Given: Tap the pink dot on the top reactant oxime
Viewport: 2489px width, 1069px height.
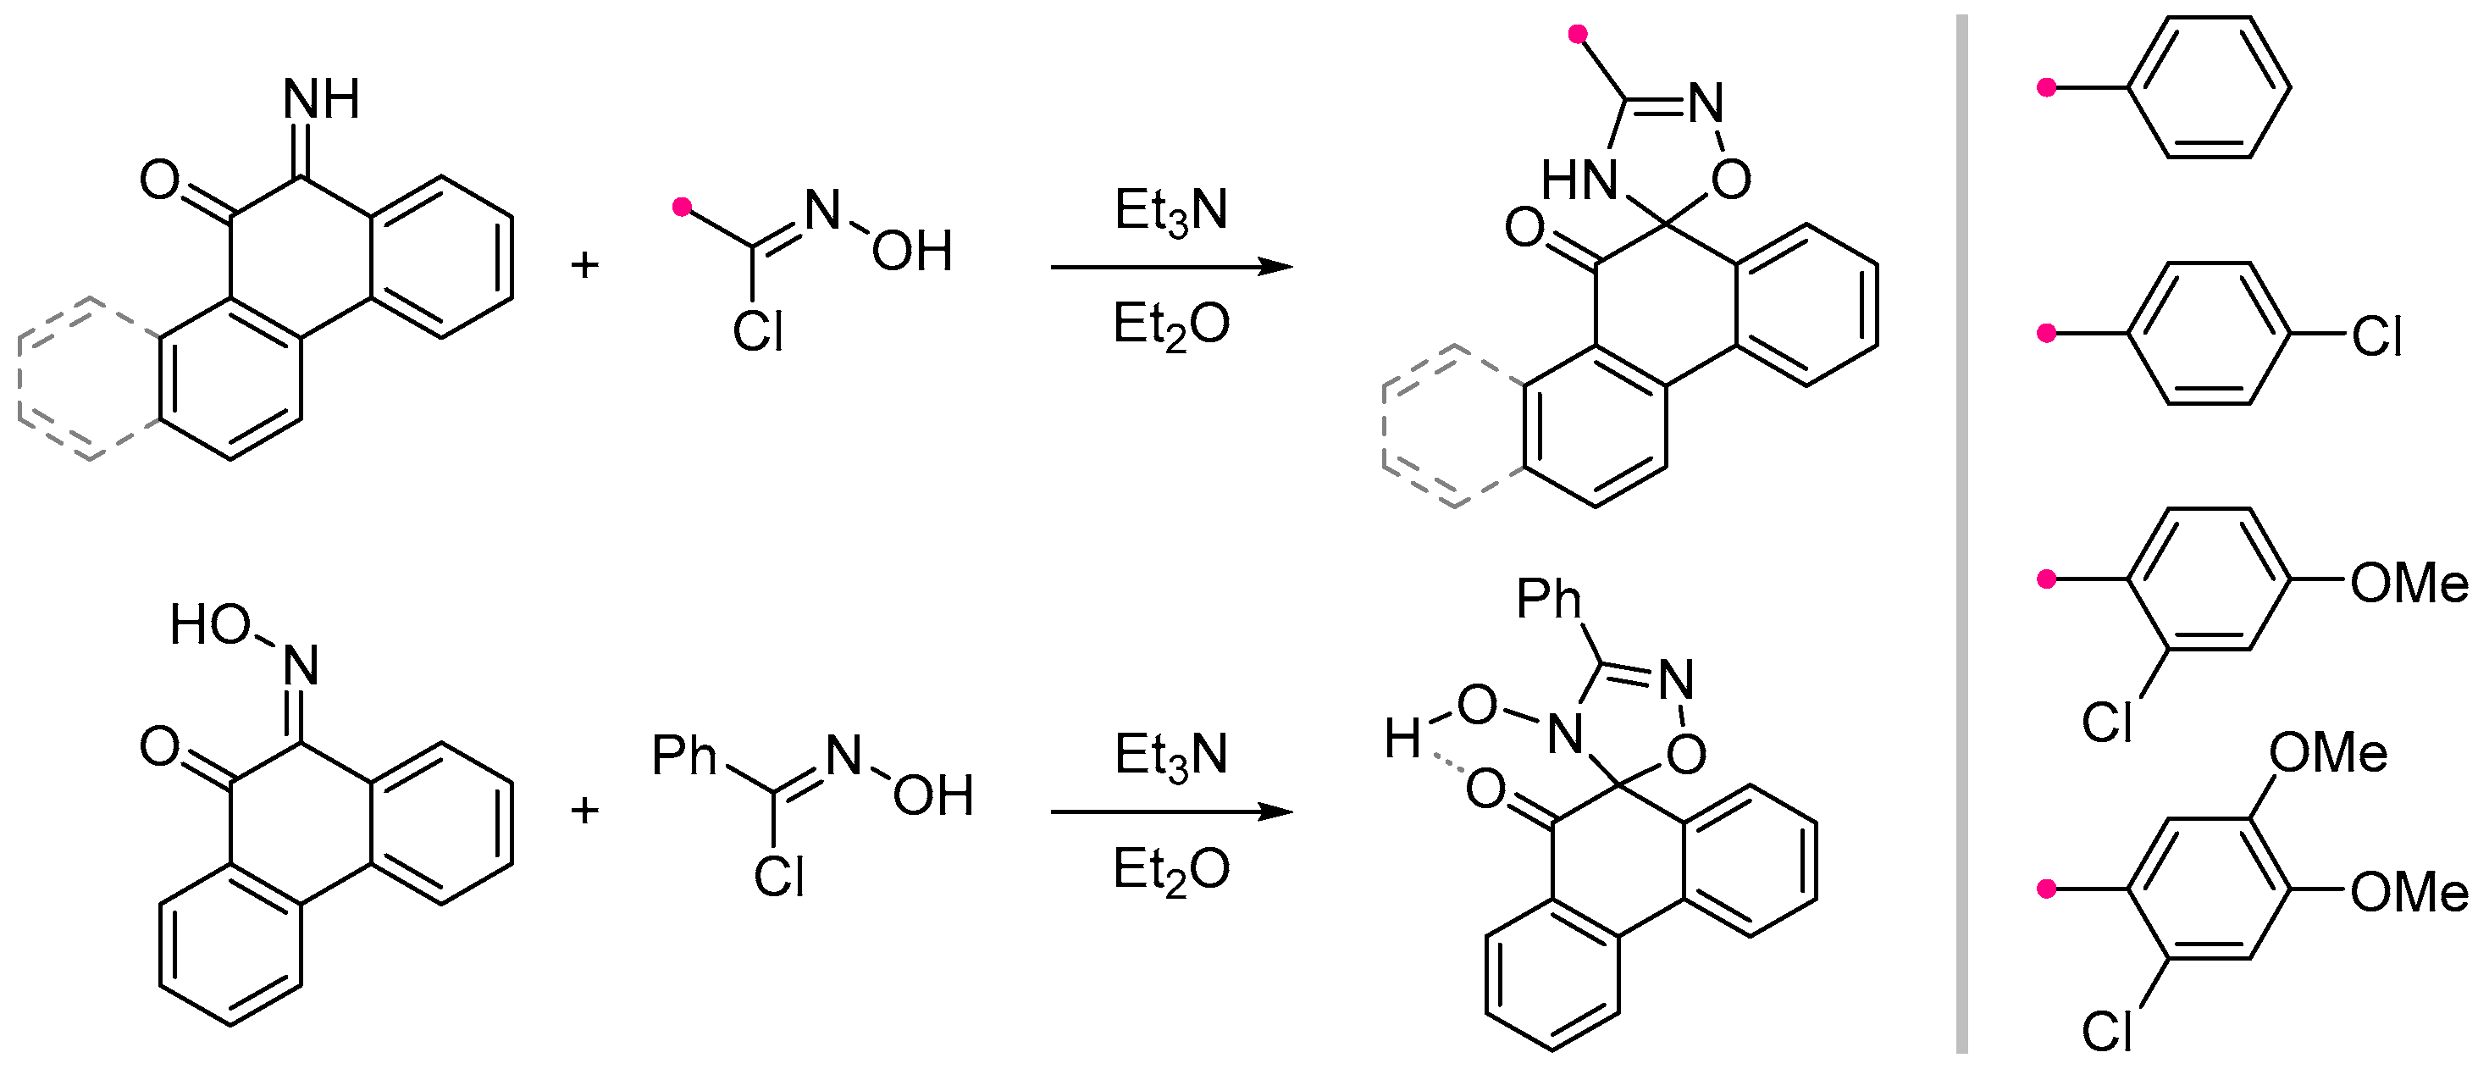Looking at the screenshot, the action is (682, 207).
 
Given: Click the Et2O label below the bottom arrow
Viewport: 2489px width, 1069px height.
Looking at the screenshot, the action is (1170, 869).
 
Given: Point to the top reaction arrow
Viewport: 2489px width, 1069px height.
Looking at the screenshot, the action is (1170, 267).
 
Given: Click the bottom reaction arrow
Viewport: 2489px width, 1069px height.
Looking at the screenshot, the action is (1170, 811).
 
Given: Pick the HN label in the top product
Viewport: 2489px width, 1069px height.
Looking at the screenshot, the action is (1578, 180).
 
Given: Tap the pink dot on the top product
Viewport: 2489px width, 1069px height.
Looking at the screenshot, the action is (1578, 36).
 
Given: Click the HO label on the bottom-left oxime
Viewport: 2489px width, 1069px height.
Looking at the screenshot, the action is (211, 624).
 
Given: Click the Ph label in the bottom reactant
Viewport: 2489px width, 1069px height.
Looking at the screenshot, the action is (684, 756).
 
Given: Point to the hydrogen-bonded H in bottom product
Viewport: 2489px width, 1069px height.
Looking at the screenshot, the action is (1402, 739).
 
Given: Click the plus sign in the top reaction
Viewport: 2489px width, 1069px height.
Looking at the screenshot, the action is (584, 265).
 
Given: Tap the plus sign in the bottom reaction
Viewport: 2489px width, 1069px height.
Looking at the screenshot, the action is (584, 810).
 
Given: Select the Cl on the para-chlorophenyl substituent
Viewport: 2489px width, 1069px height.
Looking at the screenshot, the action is (2377, 337).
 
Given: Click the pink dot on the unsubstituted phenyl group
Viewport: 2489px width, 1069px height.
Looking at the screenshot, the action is (2045, 88).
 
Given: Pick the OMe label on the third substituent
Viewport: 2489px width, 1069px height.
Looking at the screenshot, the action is (2409, 584).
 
